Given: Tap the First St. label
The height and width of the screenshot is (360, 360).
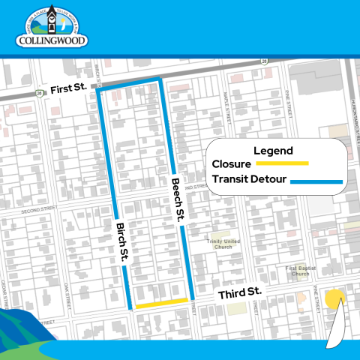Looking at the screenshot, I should coord(68,89).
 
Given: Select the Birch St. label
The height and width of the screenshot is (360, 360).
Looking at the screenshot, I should coord(121,242).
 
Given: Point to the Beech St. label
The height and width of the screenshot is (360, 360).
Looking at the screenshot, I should coord(178,198).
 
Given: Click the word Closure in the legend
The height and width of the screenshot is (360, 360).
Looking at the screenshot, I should coord(232,163).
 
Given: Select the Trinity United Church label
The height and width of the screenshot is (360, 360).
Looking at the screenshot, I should coord(223,244).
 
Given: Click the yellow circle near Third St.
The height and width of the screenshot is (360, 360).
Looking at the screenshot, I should coord(334,299).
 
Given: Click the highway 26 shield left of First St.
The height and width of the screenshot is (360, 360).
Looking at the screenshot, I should coord(38,93).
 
